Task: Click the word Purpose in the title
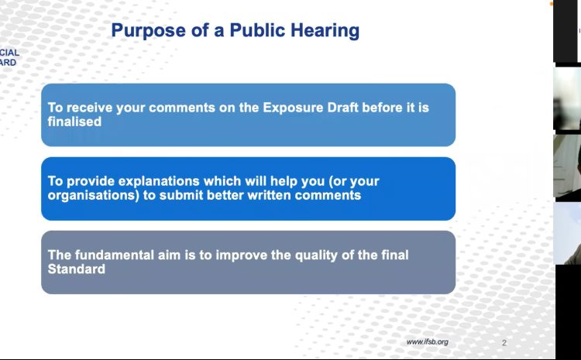148,31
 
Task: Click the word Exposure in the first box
292,108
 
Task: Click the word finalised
74,122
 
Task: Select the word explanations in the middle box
159,181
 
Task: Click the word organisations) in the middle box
94,195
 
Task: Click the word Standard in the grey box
77,269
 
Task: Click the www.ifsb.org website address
427,342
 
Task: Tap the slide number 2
504,343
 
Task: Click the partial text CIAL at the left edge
9,53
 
